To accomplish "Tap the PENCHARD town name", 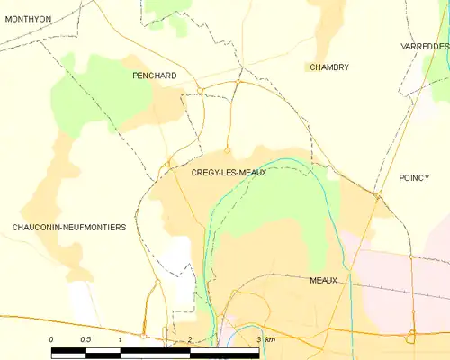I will [x=153, y=76].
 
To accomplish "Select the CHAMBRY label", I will [x=328, y=67].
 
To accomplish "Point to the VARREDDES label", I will [x=424, y=45].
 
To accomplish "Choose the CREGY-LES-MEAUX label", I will [x=229, y=172].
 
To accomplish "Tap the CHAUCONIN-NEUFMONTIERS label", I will [x=69, y=228].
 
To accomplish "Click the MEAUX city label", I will [x=322, y=280].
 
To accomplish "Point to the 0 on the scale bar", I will [x=51, y=338].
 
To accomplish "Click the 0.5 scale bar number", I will [x=85, y=338].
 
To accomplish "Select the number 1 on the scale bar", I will [x=120, y=338].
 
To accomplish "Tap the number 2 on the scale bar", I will [x=189, y=338].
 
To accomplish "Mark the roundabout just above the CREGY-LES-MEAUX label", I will [x=228, y=149].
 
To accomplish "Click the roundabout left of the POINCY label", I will [x=378, y=195].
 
